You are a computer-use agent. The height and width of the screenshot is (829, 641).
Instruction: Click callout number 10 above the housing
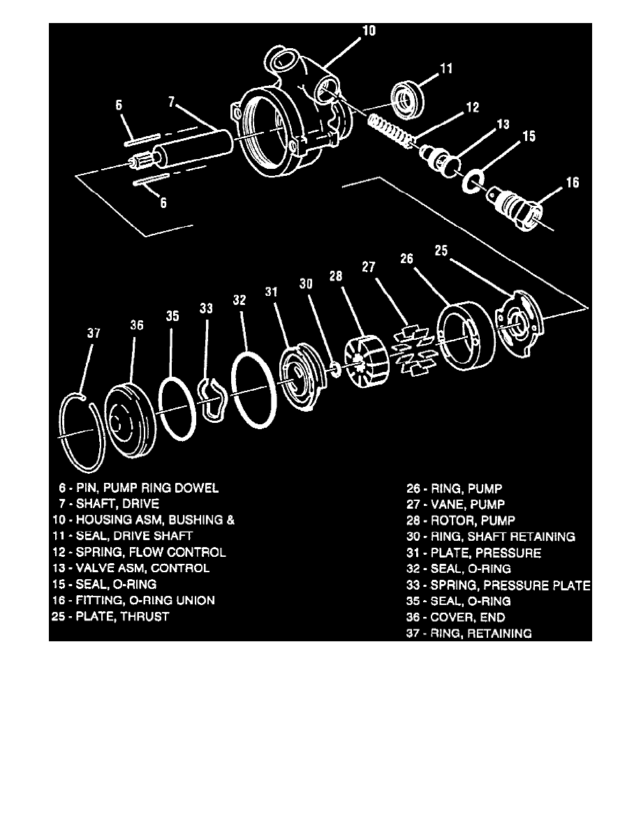click(x=369, y=31)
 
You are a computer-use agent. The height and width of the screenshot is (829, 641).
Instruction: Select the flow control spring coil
click(x=390, y=130)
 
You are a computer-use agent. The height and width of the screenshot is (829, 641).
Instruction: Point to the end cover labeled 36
click(x=130, y=418)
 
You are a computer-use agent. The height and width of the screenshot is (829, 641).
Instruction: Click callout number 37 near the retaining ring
click(x=94, y=333)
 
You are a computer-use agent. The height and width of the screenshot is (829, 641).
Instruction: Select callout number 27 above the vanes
click(x=369, y=267)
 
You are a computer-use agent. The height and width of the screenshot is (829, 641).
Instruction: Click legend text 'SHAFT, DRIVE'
click(x=117, y=503)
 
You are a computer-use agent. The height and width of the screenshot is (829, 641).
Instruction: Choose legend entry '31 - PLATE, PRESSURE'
click(x=473, y=553)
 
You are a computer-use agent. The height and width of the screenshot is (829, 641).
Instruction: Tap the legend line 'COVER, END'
click(x=468, y=617)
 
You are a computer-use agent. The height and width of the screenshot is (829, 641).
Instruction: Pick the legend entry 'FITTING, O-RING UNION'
click(x=145, y=600)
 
